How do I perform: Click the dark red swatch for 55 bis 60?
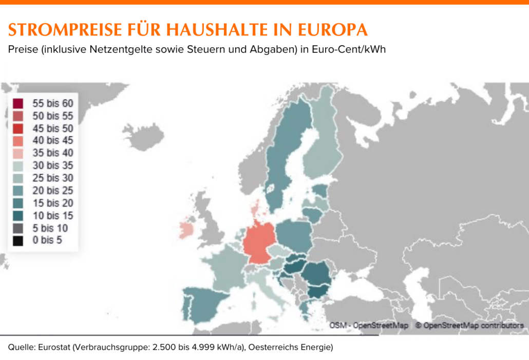pyautogui.click(x=18, y=103)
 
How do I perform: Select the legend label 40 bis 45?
pyautogui.click(x=53, y=140)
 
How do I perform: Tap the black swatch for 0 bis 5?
pyautogui.click(x=18, y=240)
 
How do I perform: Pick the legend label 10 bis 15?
pyautogui.click(x=53, y=215)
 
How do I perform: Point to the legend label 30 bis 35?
pyautogui.click(x=53, y=165)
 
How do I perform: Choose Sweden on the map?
pyautogui.click(x=285, y=154)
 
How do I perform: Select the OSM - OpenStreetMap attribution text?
pyautogui.click(x=369, y=326)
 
